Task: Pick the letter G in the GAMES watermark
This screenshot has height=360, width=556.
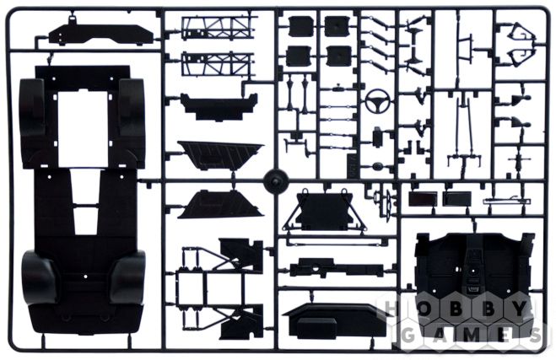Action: pyautogui.click(x=408, y=335)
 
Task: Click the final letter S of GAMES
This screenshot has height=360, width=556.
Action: pyautogui.click(x=536, y=335)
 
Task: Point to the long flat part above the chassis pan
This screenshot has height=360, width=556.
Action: pyautogui.click(x=101, y=35)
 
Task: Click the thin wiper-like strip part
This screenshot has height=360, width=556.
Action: pyautogui.click(x=507, y=201)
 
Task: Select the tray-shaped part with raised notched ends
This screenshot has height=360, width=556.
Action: pyautogui.click(x=219, y=106)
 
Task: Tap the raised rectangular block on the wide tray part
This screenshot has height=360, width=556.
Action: pyautogui.click(x=316, y=328)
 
